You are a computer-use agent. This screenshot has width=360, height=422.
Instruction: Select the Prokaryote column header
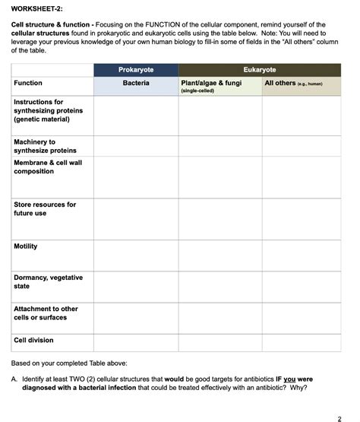136,70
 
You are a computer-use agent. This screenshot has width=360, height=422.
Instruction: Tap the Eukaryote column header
260,70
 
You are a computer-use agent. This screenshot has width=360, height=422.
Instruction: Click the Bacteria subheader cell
136,83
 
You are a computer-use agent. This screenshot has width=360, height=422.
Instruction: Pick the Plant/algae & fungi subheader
211,83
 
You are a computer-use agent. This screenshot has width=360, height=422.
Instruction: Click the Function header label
28,83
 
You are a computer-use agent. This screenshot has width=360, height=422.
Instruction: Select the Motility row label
26,246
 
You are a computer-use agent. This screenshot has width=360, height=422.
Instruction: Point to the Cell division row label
33,340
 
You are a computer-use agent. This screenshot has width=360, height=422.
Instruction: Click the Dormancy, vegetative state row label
48,282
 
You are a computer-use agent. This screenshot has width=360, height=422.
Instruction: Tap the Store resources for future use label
45,209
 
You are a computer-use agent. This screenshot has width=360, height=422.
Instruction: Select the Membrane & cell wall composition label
49,167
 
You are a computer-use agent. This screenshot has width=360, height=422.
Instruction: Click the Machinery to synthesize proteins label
45,146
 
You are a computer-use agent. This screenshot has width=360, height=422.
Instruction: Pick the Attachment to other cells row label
46,313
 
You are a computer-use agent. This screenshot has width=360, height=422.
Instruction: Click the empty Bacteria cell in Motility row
136,255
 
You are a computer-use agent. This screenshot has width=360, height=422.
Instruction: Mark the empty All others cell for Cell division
302,342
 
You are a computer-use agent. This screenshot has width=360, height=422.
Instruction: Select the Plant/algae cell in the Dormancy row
220,286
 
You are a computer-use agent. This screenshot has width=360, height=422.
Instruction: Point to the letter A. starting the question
14,379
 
